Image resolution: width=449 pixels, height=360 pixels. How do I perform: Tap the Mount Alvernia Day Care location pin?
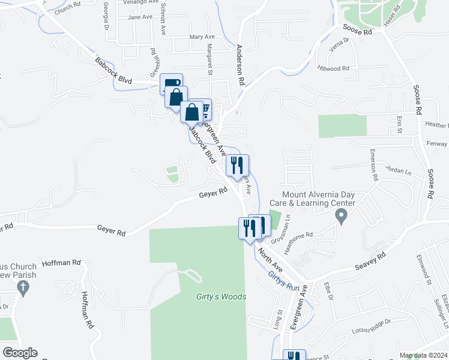342,216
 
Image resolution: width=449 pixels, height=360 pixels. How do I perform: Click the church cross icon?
23,288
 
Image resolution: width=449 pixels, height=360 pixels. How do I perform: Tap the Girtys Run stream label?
283,280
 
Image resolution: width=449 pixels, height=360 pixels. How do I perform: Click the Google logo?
19,353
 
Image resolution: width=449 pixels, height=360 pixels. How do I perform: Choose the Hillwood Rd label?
333,69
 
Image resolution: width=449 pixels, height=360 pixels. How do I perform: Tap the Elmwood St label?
421,268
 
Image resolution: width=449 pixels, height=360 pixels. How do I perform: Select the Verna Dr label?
336,48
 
